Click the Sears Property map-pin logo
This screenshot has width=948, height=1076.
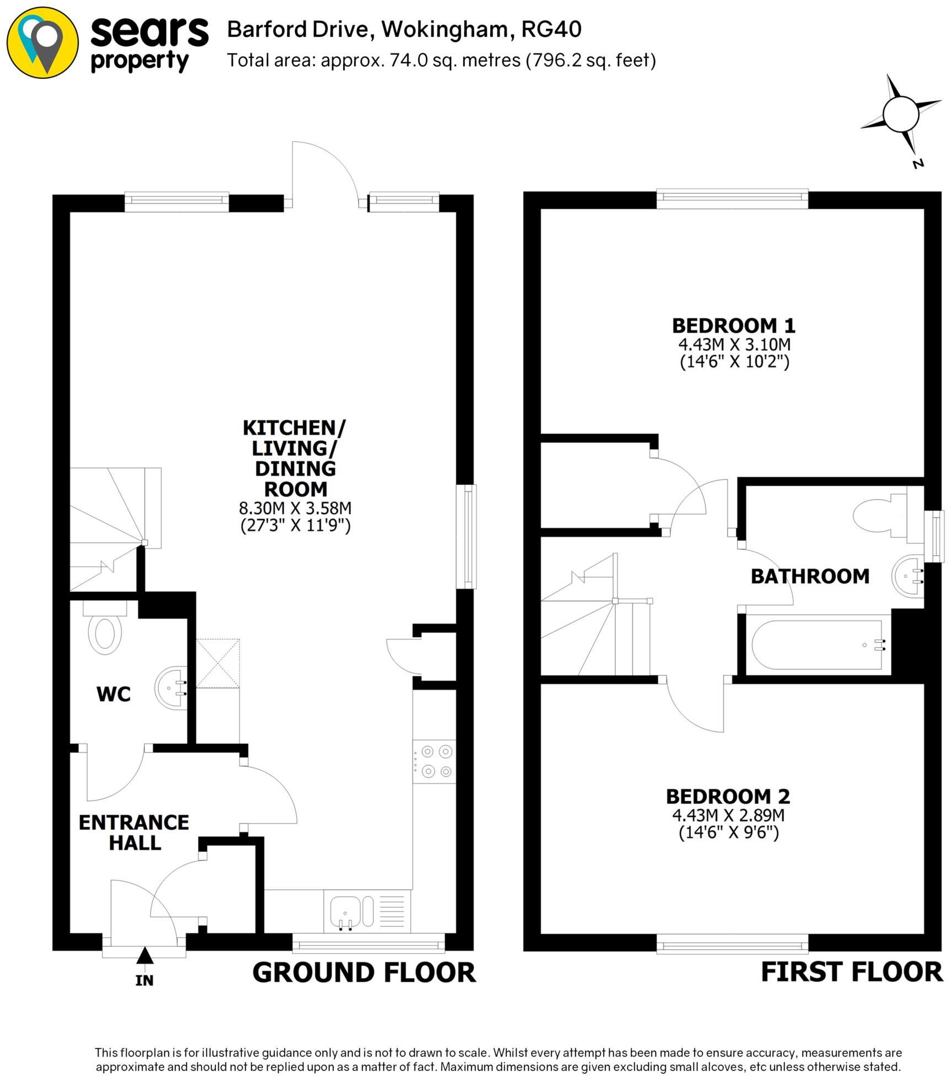point(42,42)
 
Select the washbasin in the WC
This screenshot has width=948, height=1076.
point(172,688)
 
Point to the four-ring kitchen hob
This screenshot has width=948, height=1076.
point(434,761)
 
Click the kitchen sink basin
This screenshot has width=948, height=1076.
point(345,911)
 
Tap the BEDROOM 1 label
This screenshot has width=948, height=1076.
point(734,326)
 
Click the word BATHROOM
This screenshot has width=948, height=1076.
point(810,576)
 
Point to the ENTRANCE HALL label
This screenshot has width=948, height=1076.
point(134,832)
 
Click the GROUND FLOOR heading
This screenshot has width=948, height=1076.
point(364,973)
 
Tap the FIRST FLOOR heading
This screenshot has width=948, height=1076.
point(851,972)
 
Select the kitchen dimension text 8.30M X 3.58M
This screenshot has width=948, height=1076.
point(295,507)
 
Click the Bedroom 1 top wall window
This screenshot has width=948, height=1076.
point(732,199)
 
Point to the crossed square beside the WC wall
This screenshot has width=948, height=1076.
point(218,663)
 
